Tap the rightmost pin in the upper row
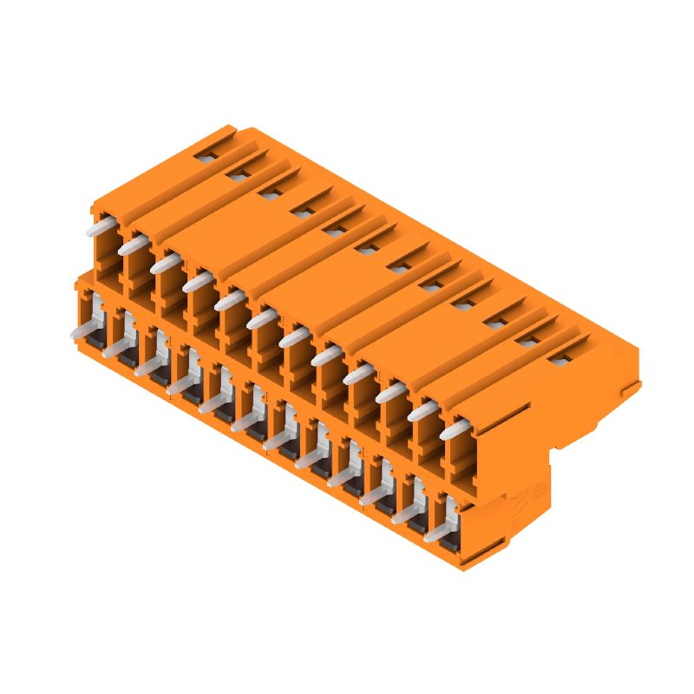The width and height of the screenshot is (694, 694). pyautogui.click(x=456, y=429)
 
